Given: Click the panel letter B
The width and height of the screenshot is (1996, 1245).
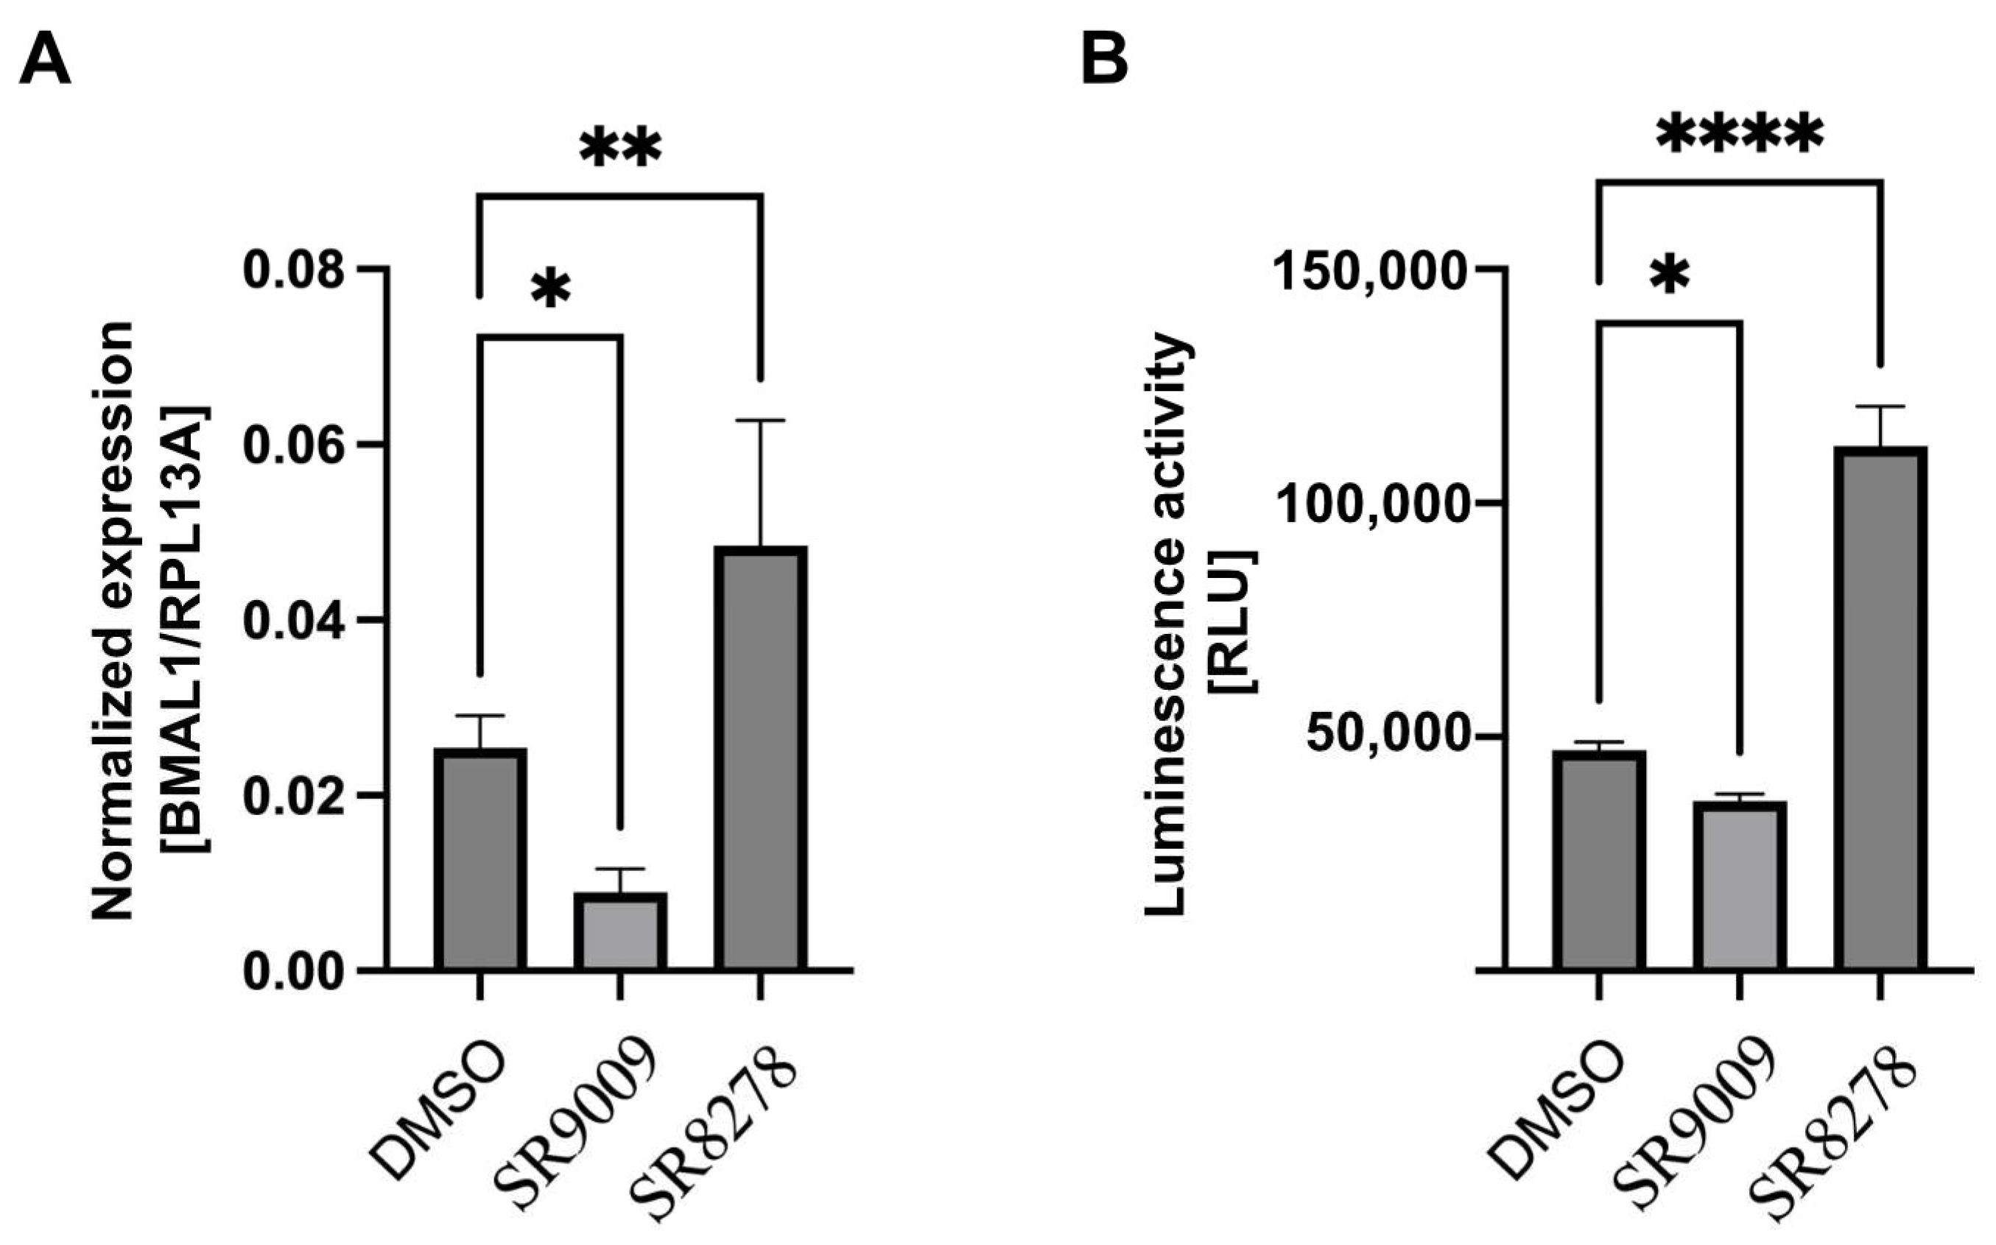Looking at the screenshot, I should [x=1104, y=60].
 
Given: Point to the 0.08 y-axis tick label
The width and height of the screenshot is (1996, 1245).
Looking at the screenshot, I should [x=293, y=269].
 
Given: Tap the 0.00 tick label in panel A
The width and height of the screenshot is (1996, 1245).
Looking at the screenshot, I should [x=293, y=972].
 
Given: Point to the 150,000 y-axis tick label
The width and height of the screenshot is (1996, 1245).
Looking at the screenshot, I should [x=1369, y=269].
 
